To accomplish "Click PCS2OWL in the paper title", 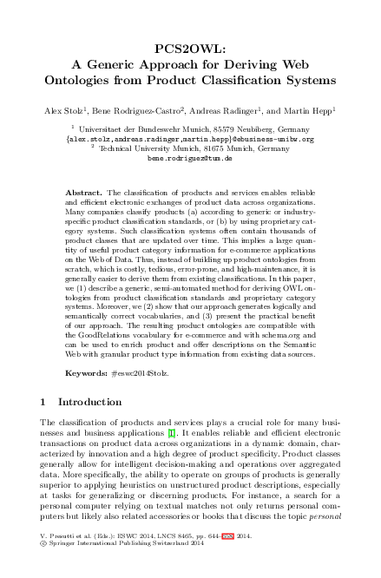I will (x=190, y=49).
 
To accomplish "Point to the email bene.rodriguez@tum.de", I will (x=190, y=160).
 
